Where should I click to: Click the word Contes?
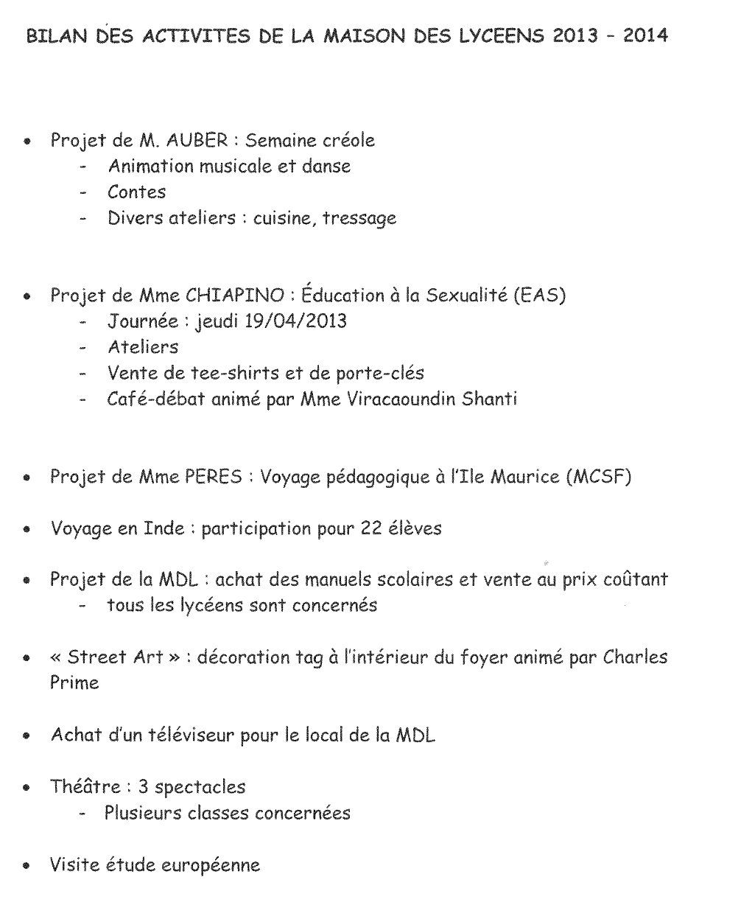click(136, 192)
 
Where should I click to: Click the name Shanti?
click(491, 399)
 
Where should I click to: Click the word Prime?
click(74, 683)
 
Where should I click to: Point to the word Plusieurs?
click(143, 813)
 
